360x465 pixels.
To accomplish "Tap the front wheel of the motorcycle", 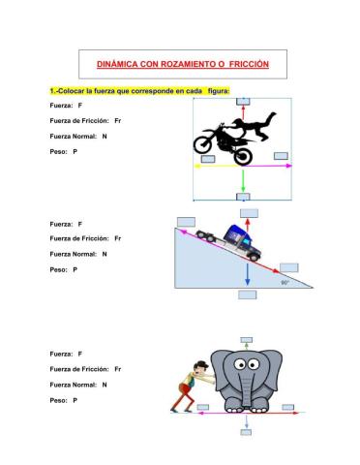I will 205,146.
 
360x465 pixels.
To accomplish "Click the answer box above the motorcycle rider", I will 243,101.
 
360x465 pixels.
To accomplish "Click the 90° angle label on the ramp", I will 285,283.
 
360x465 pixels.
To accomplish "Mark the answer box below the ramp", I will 248,294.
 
